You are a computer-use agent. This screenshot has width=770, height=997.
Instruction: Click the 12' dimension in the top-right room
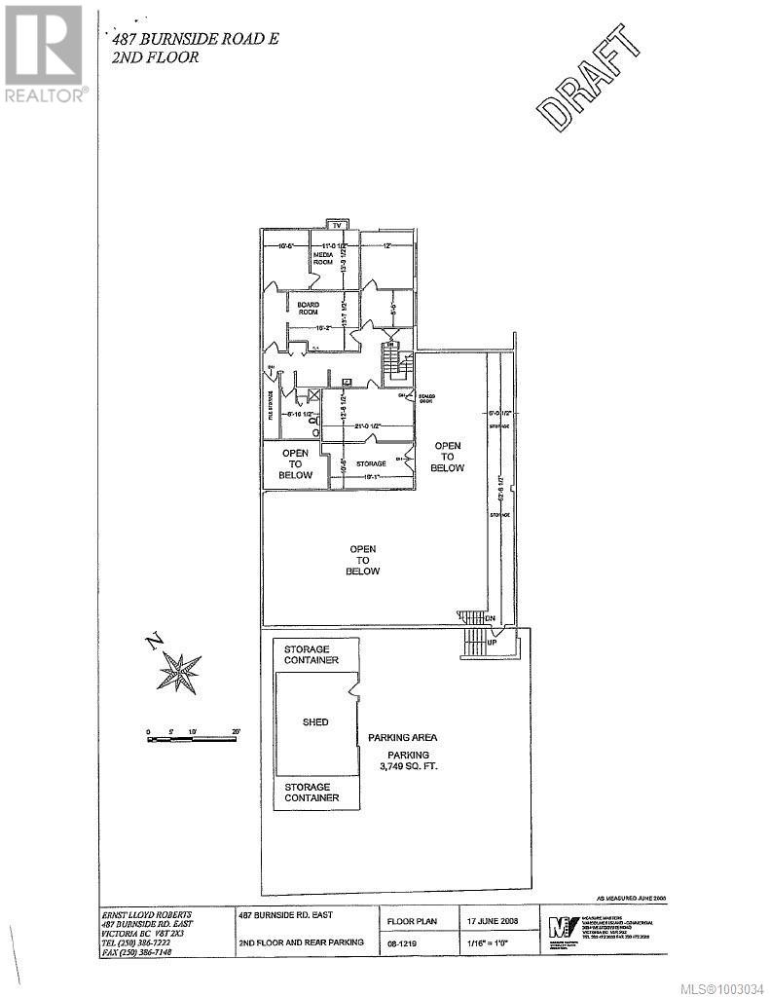pyautogui.click(x=385, y=245)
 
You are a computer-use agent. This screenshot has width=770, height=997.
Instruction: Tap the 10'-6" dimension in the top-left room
pyautogui.click(x=286, y=245)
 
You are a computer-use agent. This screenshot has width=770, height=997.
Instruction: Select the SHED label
pyautogui.click(x=314, y=721)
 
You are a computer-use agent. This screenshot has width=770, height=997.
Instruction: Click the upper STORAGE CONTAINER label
pyautogui.click(x=311, y=654)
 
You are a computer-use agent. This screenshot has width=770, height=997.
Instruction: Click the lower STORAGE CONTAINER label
pyautogui.click(x=311, y=792)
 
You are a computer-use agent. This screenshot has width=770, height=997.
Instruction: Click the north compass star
pyautogui.click(x=178, y=672)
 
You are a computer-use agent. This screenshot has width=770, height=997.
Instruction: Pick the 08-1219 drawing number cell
pyautogui.click(x=402, y=943)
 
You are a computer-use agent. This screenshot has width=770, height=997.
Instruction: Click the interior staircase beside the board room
pyautogui.click(x=396, y=367)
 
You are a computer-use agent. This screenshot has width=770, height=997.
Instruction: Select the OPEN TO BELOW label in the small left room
pyautogui.click(x=297, y=463)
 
